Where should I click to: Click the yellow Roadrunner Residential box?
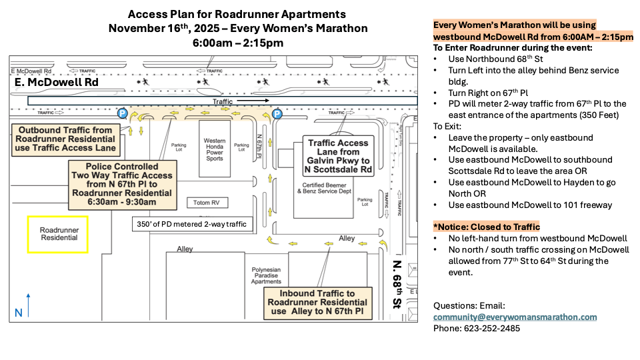(x=57, y=234)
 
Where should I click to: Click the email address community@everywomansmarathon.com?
(x=515, y=317)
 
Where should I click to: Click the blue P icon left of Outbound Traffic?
(x=122, y=113)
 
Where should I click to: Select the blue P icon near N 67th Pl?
(x=277, y=114)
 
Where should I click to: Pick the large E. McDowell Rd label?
(x=57, y=83)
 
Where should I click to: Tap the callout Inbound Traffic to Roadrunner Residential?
(x=316, y=302)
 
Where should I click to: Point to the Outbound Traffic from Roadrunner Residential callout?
(x=65, y=139)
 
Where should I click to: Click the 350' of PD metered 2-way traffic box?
(x=191, y=225)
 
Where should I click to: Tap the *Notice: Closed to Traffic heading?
(x=486, y=227)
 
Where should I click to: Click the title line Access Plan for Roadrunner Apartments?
(x=237, y=14)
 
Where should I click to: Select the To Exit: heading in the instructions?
(x=447, y=126)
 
